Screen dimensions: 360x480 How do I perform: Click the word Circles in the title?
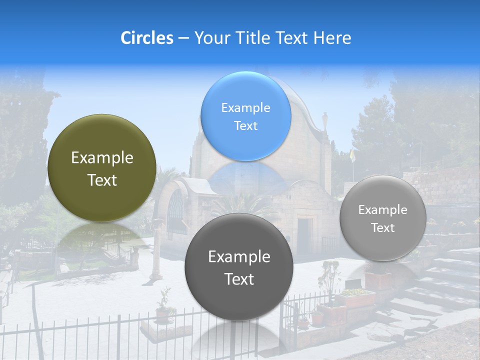pos(146,38)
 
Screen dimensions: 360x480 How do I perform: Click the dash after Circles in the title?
pos(183,38)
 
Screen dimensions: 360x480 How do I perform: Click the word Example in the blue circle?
pos(245,107)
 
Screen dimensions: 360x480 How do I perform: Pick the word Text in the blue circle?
pos(245,125)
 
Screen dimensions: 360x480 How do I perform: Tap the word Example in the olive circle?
pos(102,158)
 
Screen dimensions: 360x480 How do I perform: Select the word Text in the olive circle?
pos(102,180)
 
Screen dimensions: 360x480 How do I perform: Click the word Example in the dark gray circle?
pos(239,257)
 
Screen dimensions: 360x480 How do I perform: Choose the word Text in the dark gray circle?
pos(239,279)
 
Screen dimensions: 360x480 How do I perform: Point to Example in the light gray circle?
pos(382,209)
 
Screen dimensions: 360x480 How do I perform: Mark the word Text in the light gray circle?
pos(382,227)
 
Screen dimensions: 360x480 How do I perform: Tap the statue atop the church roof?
pos(325,120)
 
